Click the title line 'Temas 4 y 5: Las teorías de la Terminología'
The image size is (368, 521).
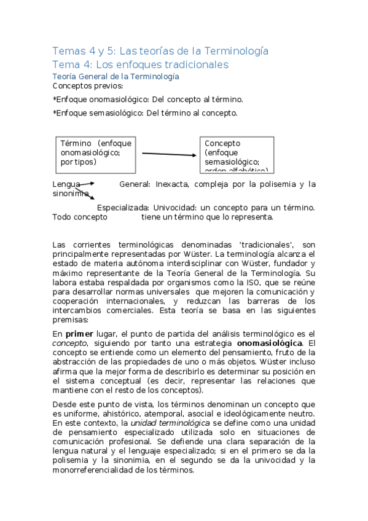(x=160, y=50)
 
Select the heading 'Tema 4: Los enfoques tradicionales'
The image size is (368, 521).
(x=141, y=65)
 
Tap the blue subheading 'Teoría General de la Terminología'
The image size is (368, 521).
(x=116, y=76)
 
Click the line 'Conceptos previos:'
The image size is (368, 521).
(x=88, y=86)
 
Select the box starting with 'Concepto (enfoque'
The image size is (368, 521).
(x=237, y=155)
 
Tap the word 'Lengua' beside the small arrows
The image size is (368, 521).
(x=66, y=184)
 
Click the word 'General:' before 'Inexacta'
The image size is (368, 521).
(x=135, y=184)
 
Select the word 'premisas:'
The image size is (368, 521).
(x=71, y=319)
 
